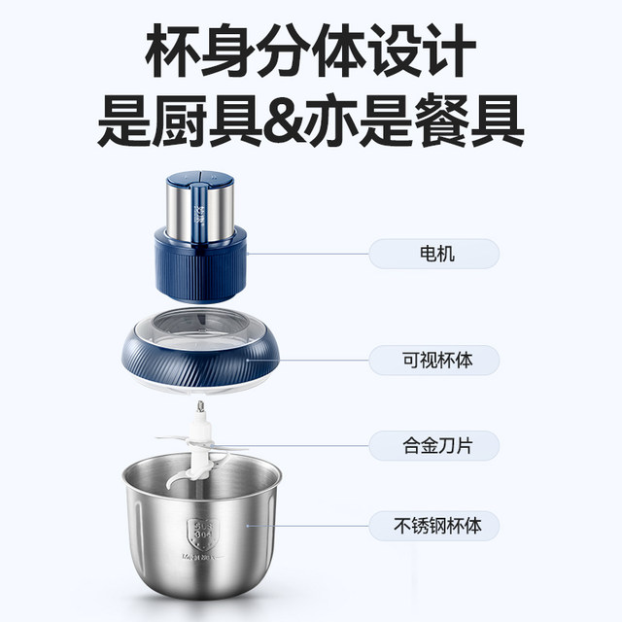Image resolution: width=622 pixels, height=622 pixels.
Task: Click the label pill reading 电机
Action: pyautogui.click(x=433, y=256)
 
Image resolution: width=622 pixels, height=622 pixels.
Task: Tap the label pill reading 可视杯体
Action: pyautogui.click(x=433, y=362)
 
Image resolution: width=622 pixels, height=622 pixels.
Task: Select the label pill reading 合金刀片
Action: pyautogui.click(x=433, y=446)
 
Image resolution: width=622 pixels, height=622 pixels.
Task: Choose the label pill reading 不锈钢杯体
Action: pyautogui.click(x=433, y=527)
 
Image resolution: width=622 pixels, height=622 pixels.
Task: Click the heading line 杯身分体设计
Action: pyautogui.click(x=311, y=51)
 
